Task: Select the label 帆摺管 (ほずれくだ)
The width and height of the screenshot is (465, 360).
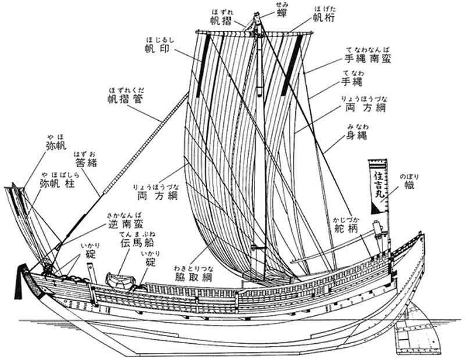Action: point(126,99)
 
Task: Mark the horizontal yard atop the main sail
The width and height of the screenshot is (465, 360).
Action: point(256,37)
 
